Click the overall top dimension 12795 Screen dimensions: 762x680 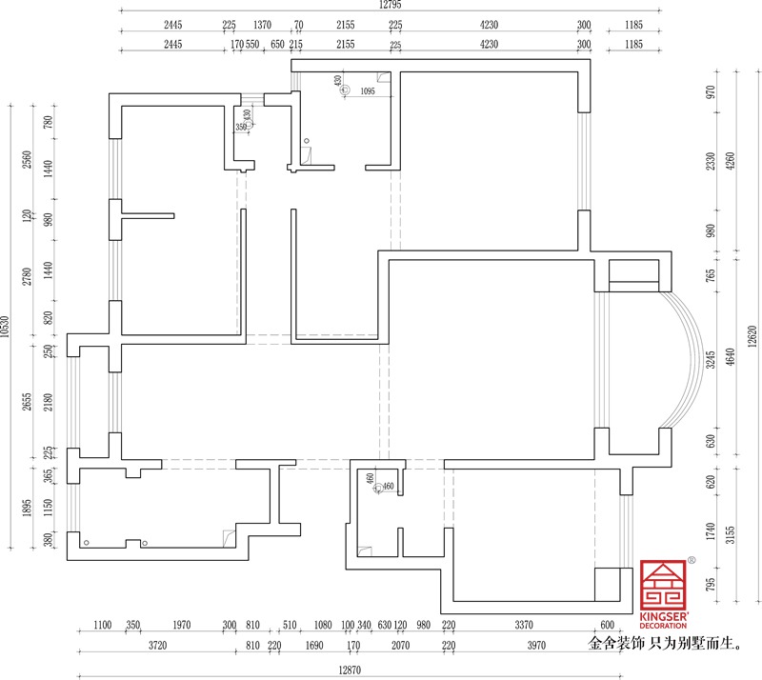click(x=391, y=5)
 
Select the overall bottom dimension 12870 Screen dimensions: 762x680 click(x=350, y=670)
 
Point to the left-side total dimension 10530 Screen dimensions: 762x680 click(x=5, y=327)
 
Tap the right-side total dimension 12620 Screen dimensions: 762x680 click(x=752, y=336)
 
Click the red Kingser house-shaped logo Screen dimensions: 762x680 click(x=663, y=585)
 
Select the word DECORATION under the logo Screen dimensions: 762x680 click(x=663, y=626)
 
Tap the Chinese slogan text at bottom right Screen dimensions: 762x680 click(x=665, y=644)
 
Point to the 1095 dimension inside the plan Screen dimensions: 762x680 click(x=368, y=90)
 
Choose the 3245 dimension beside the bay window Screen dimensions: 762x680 click(x=711, y=360)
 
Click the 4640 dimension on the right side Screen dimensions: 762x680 click(x=730, y=357)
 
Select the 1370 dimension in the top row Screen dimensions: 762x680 click(x=263, y=25)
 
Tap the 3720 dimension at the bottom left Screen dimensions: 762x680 click(x=157, y=646)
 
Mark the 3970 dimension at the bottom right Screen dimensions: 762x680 click(x=536, y=646)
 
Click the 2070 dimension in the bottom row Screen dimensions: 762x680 click(x=400, y=646)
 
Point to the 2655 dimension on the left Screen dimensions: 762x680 click(x=27, y=402)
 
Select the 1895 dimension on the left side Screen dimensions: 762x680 click(x=27, y=508)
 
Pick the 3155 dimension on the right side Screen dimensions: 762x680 click(x=730, y=534)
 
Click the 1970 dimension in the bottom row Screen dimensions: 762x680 click(x=182, y=625)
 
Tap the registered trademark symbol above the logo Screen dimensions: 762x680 click(x=692, y=560)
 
